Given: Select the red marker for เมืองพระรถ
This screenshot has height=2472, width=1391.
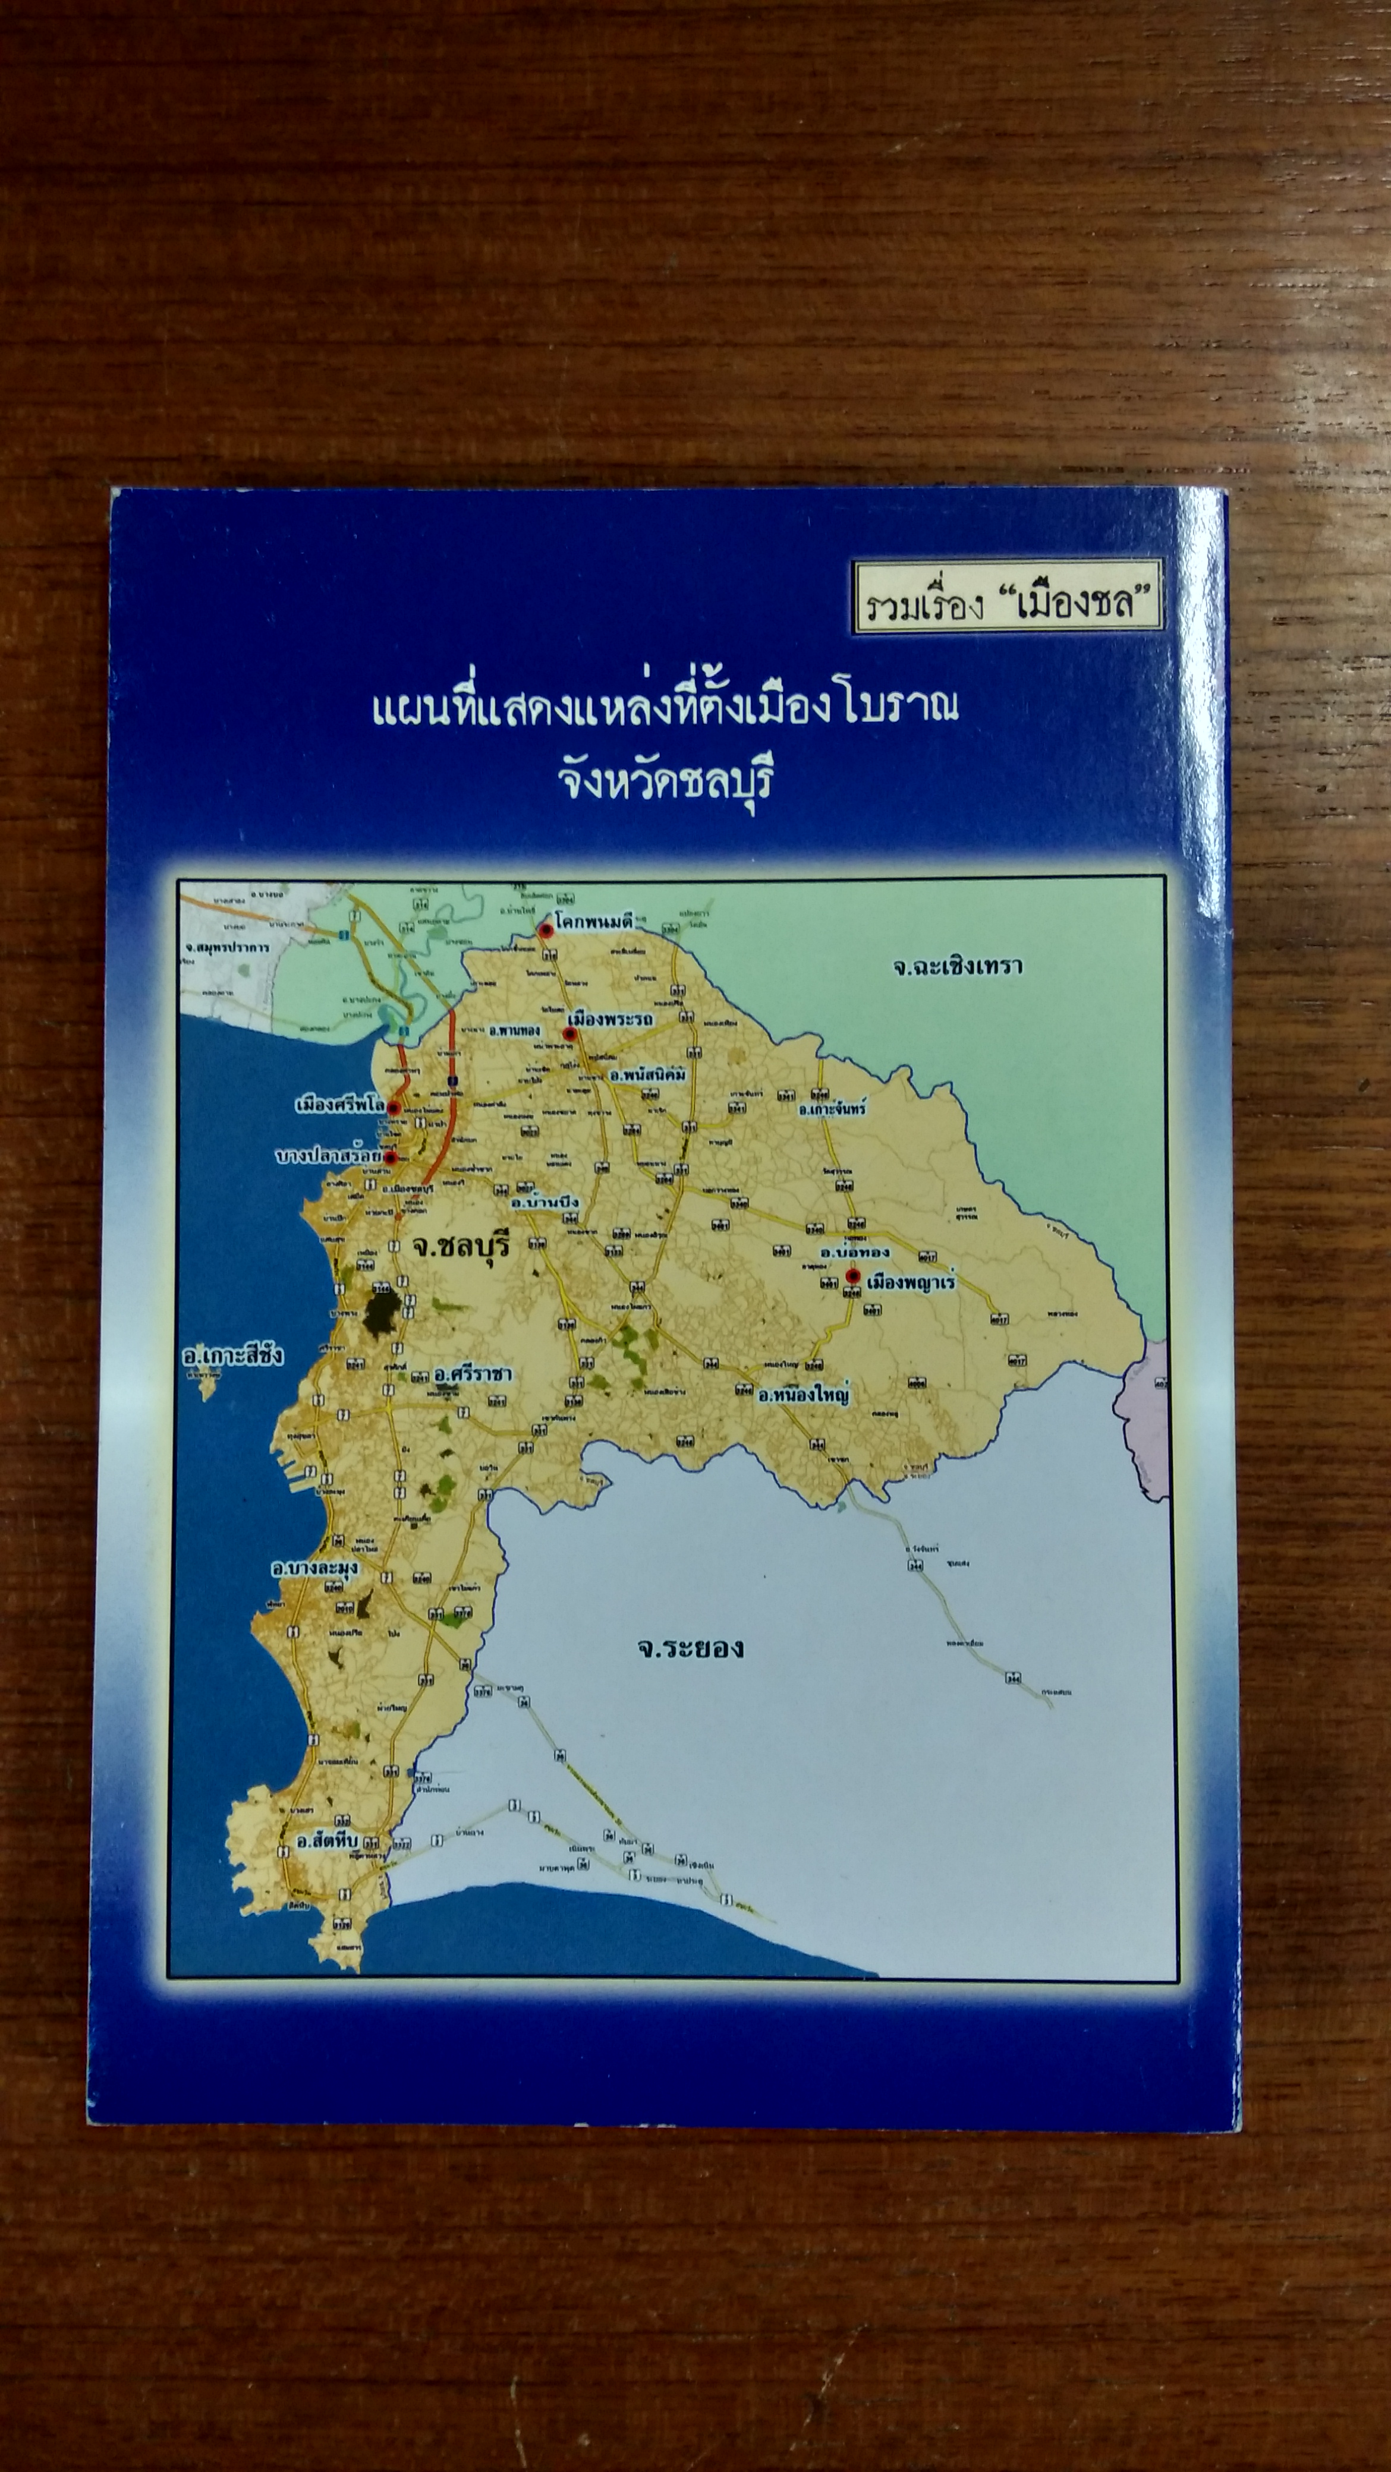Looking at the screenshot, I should (x=569, y=1033).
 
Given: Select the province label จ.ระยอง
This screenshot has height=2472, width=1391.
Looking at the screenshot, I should (x=690, y=1648).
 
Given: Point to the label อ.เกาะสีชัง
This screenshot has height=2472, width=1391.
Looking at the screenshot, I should (x=233, y=1356).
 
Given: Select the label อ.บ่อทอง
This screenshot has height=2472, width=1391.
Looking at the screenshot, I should (x=854, y=1251).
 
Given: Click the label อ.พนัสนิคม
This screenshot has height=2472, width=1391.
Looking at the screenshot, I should (x=648, y=1075).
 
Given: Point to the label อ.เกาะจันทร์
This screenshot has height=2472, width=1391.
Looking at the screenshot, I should (x=832, y=1108).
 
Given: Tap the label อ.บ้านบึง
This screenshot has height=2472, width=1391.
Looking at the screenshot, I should (x=545, y=1202).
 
